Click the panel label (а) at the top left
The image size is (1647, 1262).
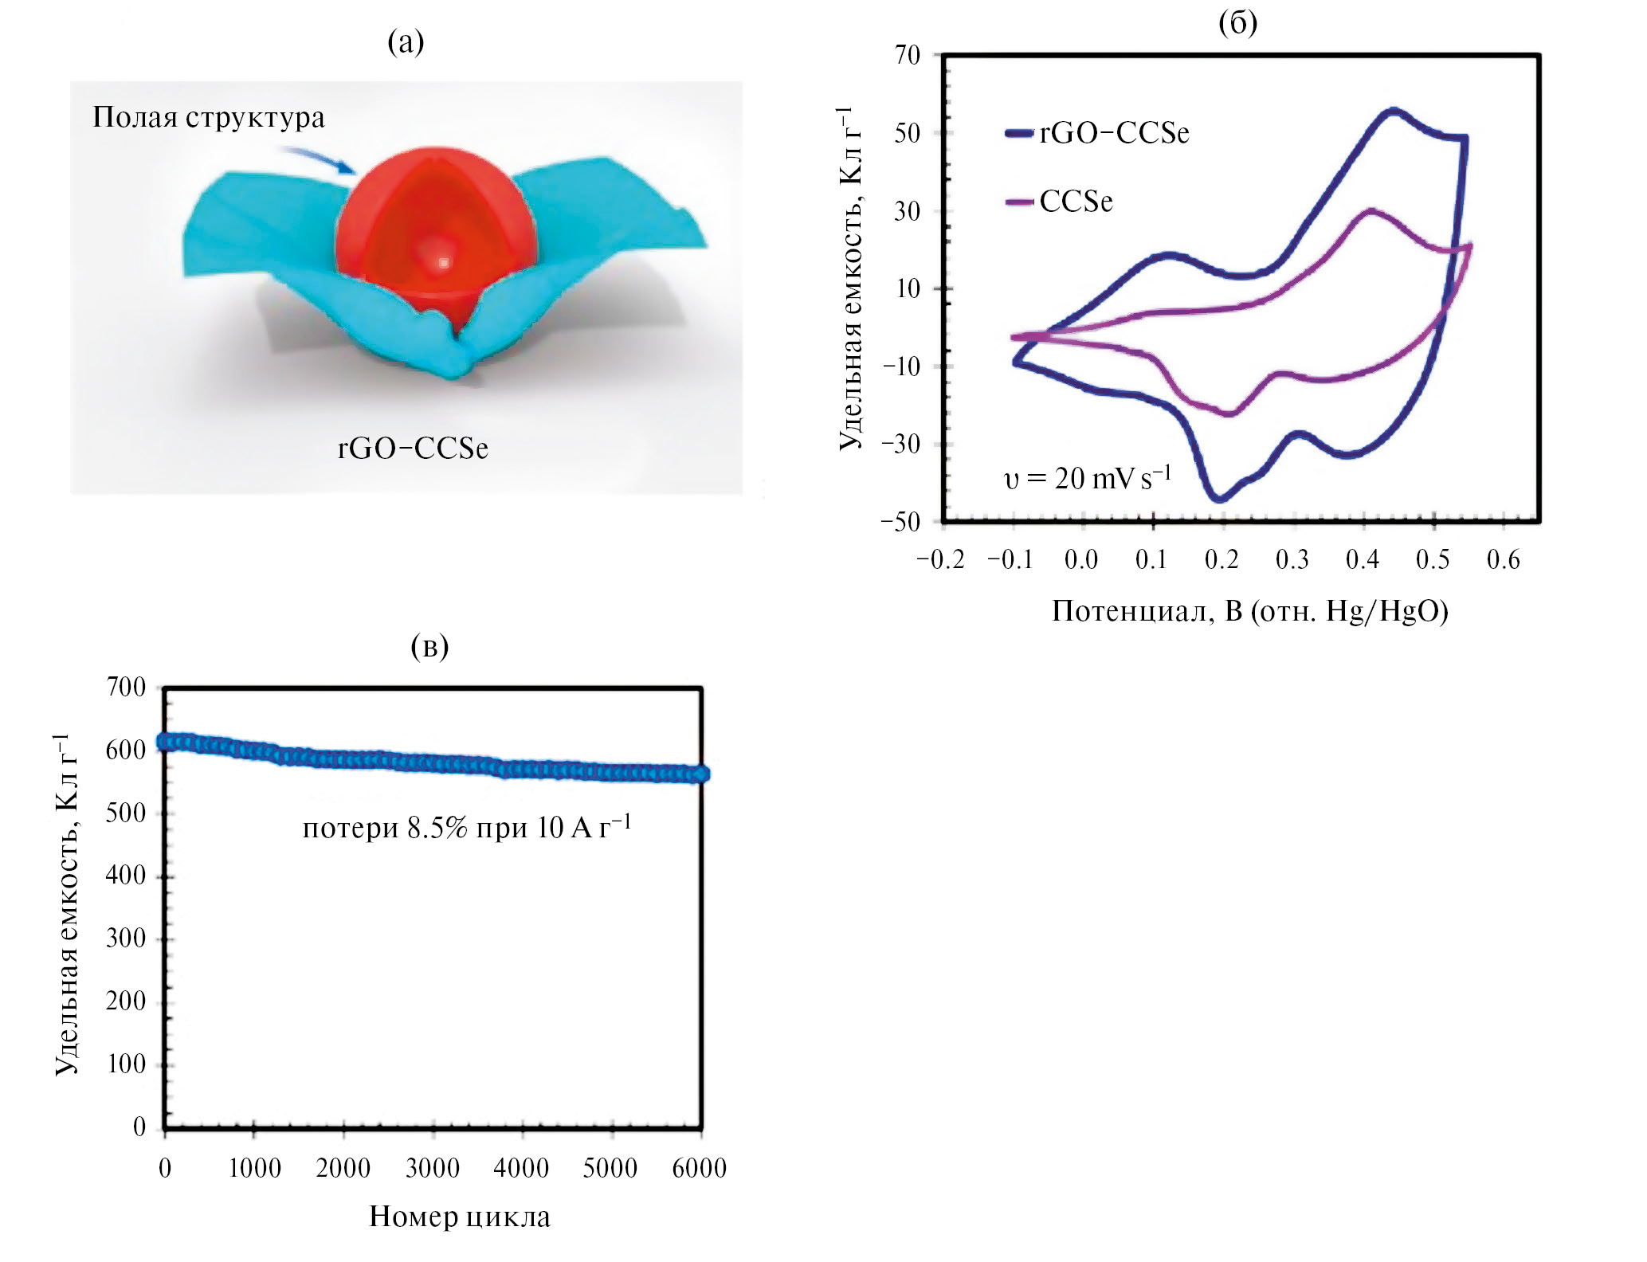pyautogui.click(x=406, y=41)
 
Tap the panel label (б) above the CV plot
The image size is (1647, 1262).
pyautogui.click(x=1237, y=23)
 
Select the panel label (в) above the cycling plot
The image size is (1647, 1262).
pyautogui.click(x=429, y=646)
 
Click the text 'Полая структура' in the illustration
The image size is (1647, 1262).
pyautogui.click(x=209, y=118)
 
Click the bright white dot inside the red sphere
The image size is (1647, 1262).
pyautogui.click(x=443, y=262)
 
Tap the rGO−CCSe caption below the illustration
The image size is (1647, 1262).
pyautogui.click(x=413, y=449)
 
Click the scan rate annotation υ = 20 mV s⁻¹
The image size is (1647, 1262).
pyautogui.click(x=1087, y=478)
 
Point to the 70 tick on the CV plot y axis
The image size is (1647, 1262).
pyautogui.click(x=908, y=55)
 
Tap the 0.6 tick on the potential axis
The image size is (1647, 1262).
pyautogui.click(x=1503, y=560)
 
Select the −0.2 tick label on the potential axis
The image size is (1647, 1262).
pyautogui.click(x=940, y=560)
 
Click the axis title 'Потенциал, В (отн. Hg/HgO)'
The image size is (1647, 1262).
pyautogui.click(x=1249, y=611)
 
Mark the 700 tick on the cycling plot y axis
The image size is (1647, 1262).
pyautogui.click(x=126, y=687)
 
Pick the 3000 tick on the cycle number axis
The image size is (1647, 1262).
pyautogui.click(x=433, y=1169)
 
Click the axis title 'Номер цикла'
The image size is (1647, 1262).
pyautogui.click(x=460, y=1217)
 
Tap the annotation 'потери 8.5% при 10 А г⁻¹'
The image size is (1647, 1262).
pyautogui.click(x=467, y=829)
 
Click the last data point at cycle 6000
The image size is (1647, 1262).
pyautogui.click(x=700, y=774)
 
